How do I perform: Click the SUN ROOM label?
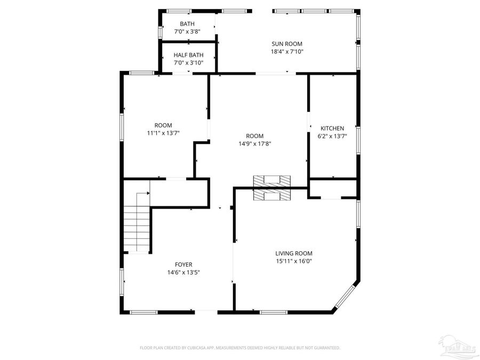(x=286, y=44)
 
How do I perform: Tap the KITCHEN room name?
(x=332, y=129)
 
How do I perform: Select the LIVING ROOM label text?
(x=293, y=253)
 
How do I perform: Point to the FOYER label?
(x=183, y=265)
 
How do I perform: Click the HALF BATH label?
(x=188, y=55)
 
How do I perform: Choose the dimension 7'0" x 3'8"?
(x=187, y=32)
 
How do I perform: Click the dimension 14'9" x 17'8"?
(x=254, y=143)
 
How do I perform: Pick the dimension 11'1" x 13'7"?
(x=163, y=133)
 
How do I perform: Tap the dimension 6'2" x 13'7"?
(x=332, y=136)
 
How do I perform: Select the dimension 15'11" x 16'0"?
(x=293, y=261)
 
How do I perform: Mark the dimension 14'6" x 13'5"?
(x=183, y=272)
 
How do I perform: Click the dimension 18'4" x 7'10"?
(x=286, y=52)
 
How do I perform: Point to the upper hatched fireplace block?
(x=271, y=181)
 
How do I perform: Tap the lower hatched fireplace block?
(x=271, y=195)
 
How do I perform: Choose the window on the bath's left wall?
(x=160, y=31)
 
